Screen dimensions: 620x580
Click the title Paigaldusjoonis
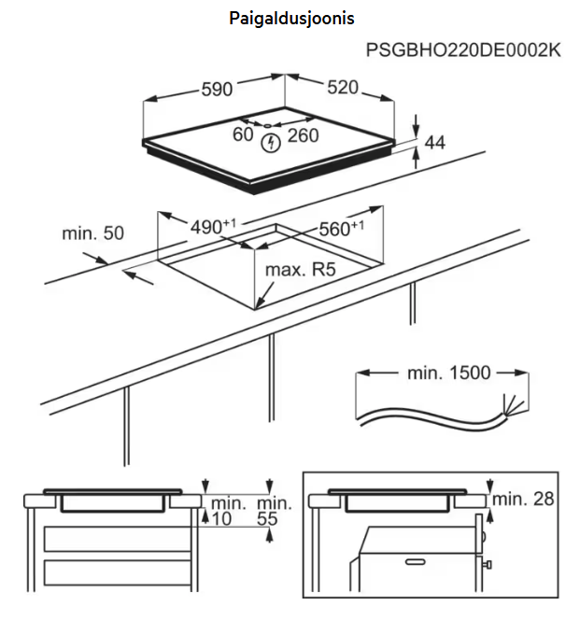[x=291, y=19]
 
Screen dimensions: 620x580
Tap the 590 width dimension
[x=216, y=90]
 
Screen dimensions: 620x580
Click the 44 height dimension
[x=434, y=143]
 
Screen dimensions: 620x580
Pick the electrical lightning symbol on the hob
[x=271, y=143]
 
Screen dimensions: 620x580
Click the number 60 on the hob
[x=243, y=135]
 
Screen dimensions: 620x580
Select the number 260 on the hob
[x=304, y=135]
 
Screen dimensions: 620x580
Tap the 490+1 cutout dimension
[x=215, y=227]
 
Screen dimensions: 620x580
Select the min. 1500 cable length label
[x=448, y=373]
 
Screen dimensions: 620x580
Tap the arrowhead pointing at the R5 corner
[x=259, y=303]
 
